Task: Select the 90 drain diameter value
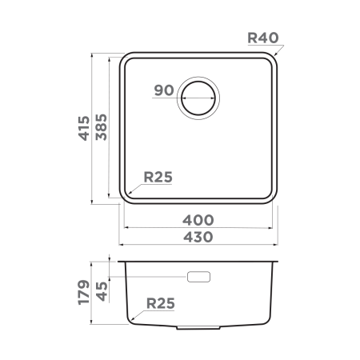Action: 164,90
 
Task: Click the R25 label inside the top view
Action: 159,178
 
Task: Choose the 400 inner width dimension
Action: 198,219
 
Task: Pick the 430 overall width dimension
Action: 198,237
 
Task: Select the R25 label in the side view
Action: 160,303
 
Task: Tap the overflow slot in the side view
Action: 198,277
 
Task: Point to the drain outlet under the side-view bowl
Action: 200,327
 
